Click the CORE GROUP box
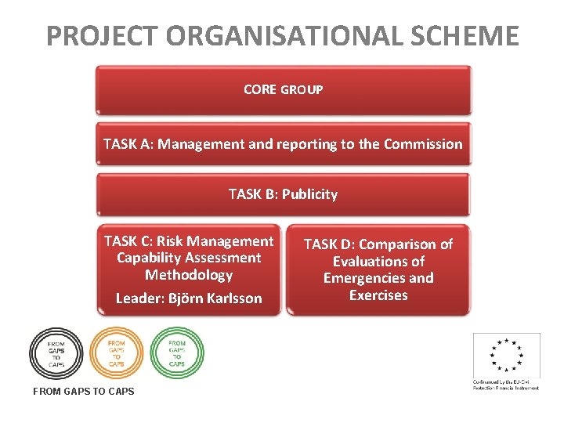(x=283, y=89)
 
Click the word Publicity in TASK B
(x=309, y=194)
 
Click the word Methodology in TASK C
(x=189, y=275)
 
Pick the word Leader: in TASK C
(x=139, y=298)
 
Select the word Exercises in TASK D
(x=378, y=295)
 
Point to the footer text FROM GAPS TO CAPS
(x=84, y=391)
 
